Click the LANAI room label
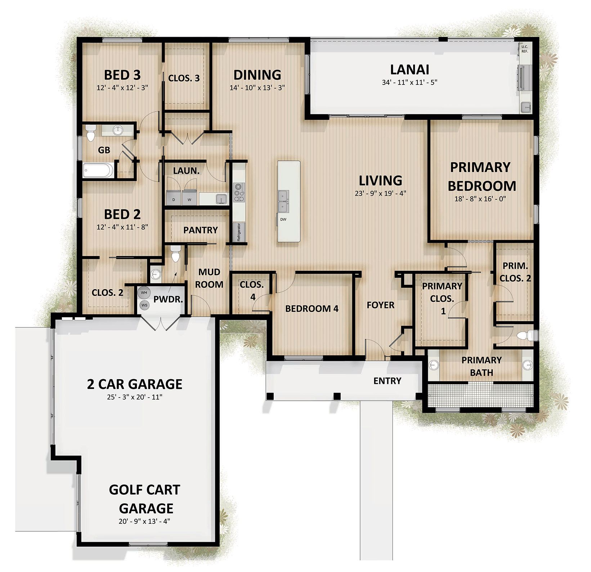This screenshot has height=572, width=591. coord(409,69)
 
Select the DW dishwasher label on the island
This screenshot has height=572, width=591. coord(283,219)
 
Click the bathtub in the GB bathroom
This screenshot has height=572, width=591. coord(98,170)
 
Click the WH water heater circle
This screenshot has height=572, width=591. coord(144,293)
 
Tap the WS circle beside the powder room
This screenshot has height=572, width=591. coord(144,305)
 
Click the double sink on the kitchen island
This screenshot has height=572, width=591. coord(283,201)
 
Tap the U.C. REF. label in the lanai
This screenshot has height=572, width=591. coord(525,49)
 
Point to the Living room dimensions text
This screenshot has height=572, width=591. coord(380,193)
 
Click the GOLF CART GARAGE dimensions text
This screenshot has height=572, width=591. coord(144,521)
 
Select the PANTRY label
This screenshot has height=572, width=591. coord(201,230)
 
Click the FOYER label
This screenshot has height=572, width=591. coord(380,305)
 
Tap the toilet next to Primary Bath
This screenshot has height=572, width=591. coord(525,336)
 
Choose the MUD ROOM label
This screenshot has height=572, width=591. coord(209,278)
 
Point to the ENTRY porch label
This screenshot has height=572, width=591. coord(387,381)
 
